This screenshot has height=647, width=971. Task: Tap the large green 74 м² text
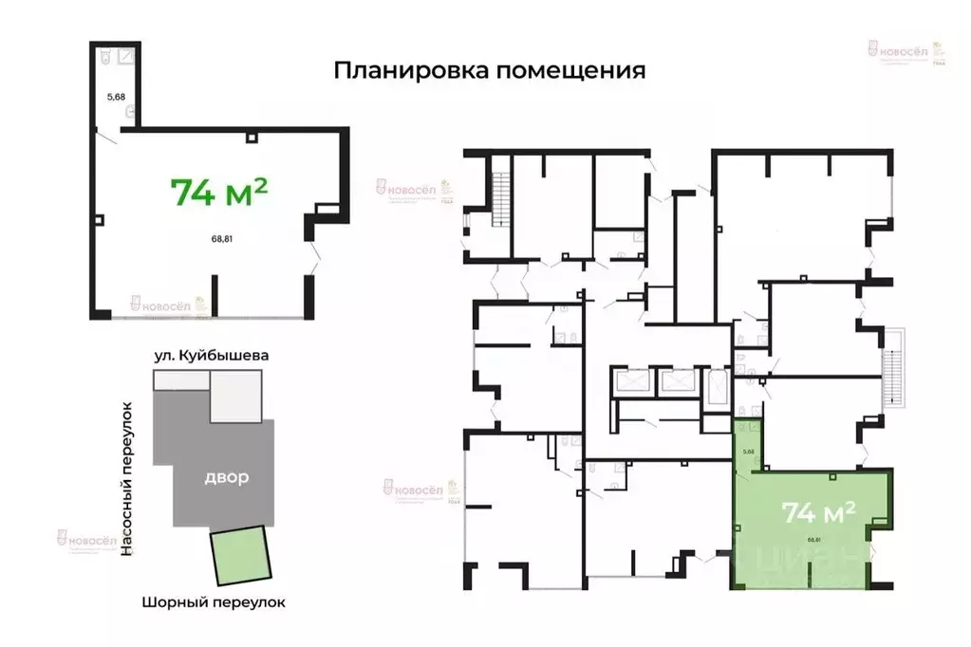point(219,191)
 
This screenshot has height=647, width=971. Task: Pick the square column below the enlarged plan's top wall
point(251,139)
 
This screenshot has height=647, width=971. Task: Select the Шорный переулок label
point(213,601)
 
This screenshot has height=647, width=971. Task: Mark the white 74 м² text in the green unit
point(818,512)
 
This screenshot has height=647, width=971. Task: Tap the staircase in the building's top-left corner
point(500,194)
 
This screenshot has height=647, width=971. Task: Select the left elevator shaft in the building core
point(633,382)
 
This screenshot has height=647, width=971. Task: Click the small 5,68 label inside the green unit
point(748,451)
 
